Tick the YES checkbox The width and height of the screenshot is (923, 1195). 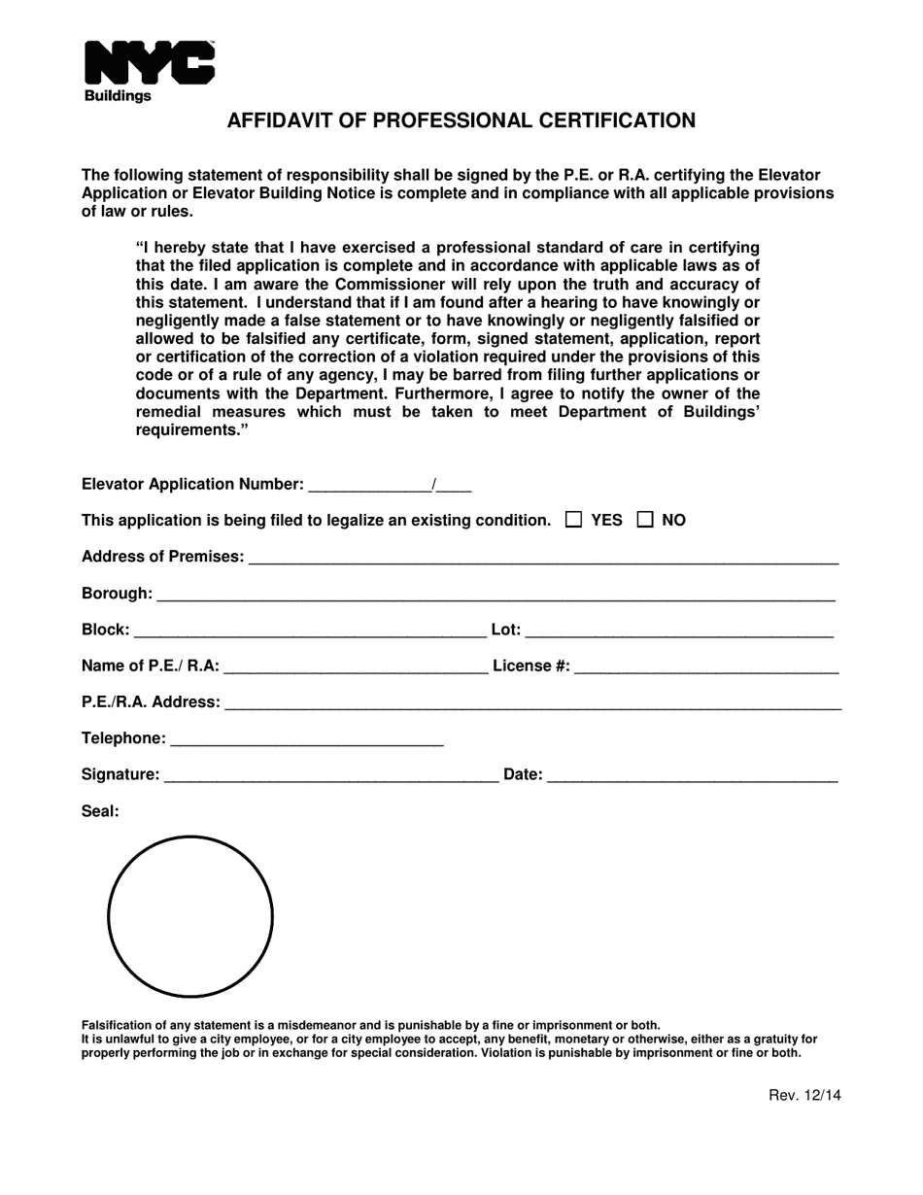[574, 520]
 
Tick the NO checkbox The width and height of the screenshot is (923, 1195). [645, 520]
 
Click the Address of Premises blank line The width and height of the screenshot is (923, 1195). [543, 557]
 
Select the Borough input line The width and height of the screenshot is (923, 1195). [496, 594]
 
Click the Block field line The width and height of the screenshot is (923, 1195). [309, 631]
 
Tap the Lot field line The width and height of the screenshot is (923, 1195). [679, 631]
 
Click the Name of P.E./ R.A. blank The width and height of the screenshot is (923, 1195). [356, 666]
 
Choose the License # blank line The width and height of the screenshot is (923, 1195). [706, 666]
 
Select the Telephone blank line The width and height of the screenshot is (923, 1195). [306, 738]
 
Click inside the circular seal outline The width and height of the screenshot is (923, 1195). [190, 916]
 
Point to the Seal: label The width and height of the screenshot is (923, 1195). [100, 811]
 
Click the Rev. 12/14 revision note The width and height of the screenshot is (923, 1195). [804, 1095]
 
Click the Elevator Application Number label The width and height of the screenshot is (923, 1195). [192, 484]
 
